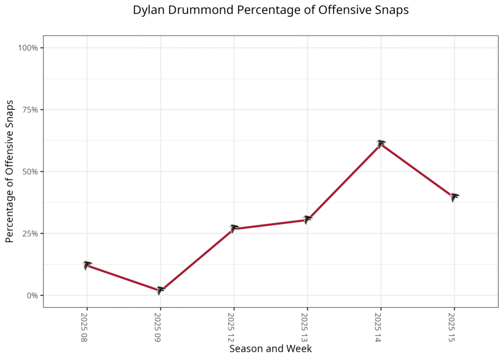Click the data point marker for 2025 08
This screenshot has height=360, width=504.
[87, 265]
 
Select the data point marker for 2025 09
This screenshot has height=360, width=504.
[160, 290]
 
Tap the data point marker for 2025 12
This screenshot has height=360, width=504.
[234, 228]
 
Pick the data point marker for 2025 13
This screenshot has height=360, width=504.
[308, 219]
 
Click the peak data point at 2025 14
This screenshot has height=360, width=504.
[381, 143]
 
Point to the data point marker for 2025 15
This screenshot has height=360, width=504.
[454, 197]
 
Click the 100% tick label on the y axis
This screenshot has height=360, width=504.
[28, 48]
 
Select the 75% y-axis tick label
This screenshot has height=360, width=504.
[30, 110]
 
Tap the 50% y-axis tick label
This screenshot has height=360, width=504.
[30, 172]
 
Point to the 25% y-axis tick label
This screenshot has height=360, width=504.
[30, 233]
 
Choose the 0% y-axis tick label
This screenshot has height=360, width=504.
[32, 295]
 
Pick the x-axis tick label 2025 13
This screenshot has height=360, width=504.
[304, 327]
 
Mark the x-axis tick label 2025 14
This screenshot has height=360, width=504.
[378, 327]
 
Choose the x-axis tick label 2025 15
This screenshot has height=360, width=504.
[451, 327]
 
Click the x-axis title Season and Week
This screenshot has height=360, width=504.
[270, 349]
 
